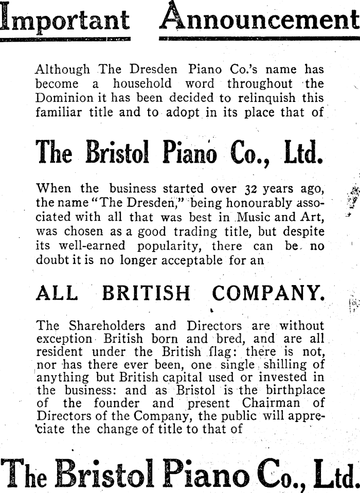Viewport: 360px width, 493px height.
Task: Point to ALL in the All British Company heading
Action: click(57, 293)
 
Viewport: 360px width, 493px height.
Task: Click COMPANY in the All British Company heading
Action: click(268, 293)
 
